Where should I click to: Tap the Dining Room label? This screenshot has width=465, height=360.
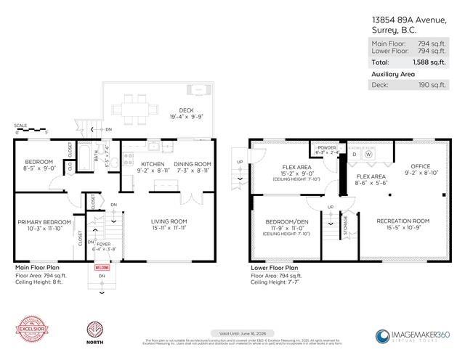pos(190,164)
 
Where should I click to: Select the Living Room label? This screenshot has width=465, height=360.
pos(169,221)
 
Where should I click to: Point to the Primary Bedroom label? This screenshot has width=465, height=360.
pos(44,221)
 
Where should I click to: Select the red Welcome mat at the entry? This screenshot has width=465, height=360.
pos(102,266)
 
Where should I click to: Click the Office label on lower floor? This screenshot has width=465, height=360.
pos(420,166)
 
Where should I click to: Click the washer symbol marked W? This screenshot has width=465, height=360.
pos(368,154)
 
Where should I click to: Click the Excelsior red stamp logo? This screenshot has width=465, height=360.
pos(31,330)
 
